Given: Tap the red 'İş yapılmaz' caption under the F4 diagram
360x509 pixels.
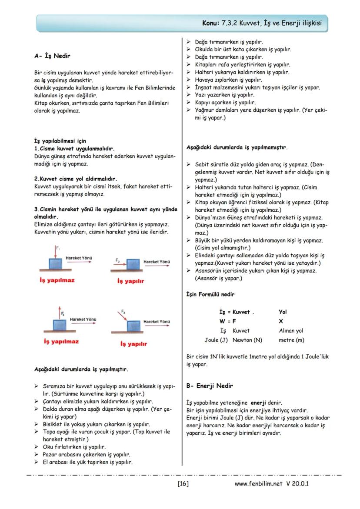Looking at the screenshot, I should (x=61, y=342).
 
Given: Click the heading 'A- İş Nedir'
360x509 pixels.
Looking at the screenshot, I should (x=52, y=56).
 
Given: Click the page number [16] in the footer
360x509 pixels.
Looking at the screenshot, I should (x=183, y=483).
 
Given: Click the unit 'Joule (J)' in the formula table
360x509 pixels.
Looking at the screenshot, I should (x=216, y=339).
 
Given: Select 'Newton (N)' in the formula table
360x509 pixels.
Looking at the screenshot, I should (x=247, y=339).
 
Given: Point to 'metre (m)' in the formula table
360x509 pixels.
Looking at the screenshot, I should (x=291, y=339).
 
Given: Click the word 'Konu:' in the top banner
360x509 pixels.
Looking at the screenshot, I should (x=212, y=23).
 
